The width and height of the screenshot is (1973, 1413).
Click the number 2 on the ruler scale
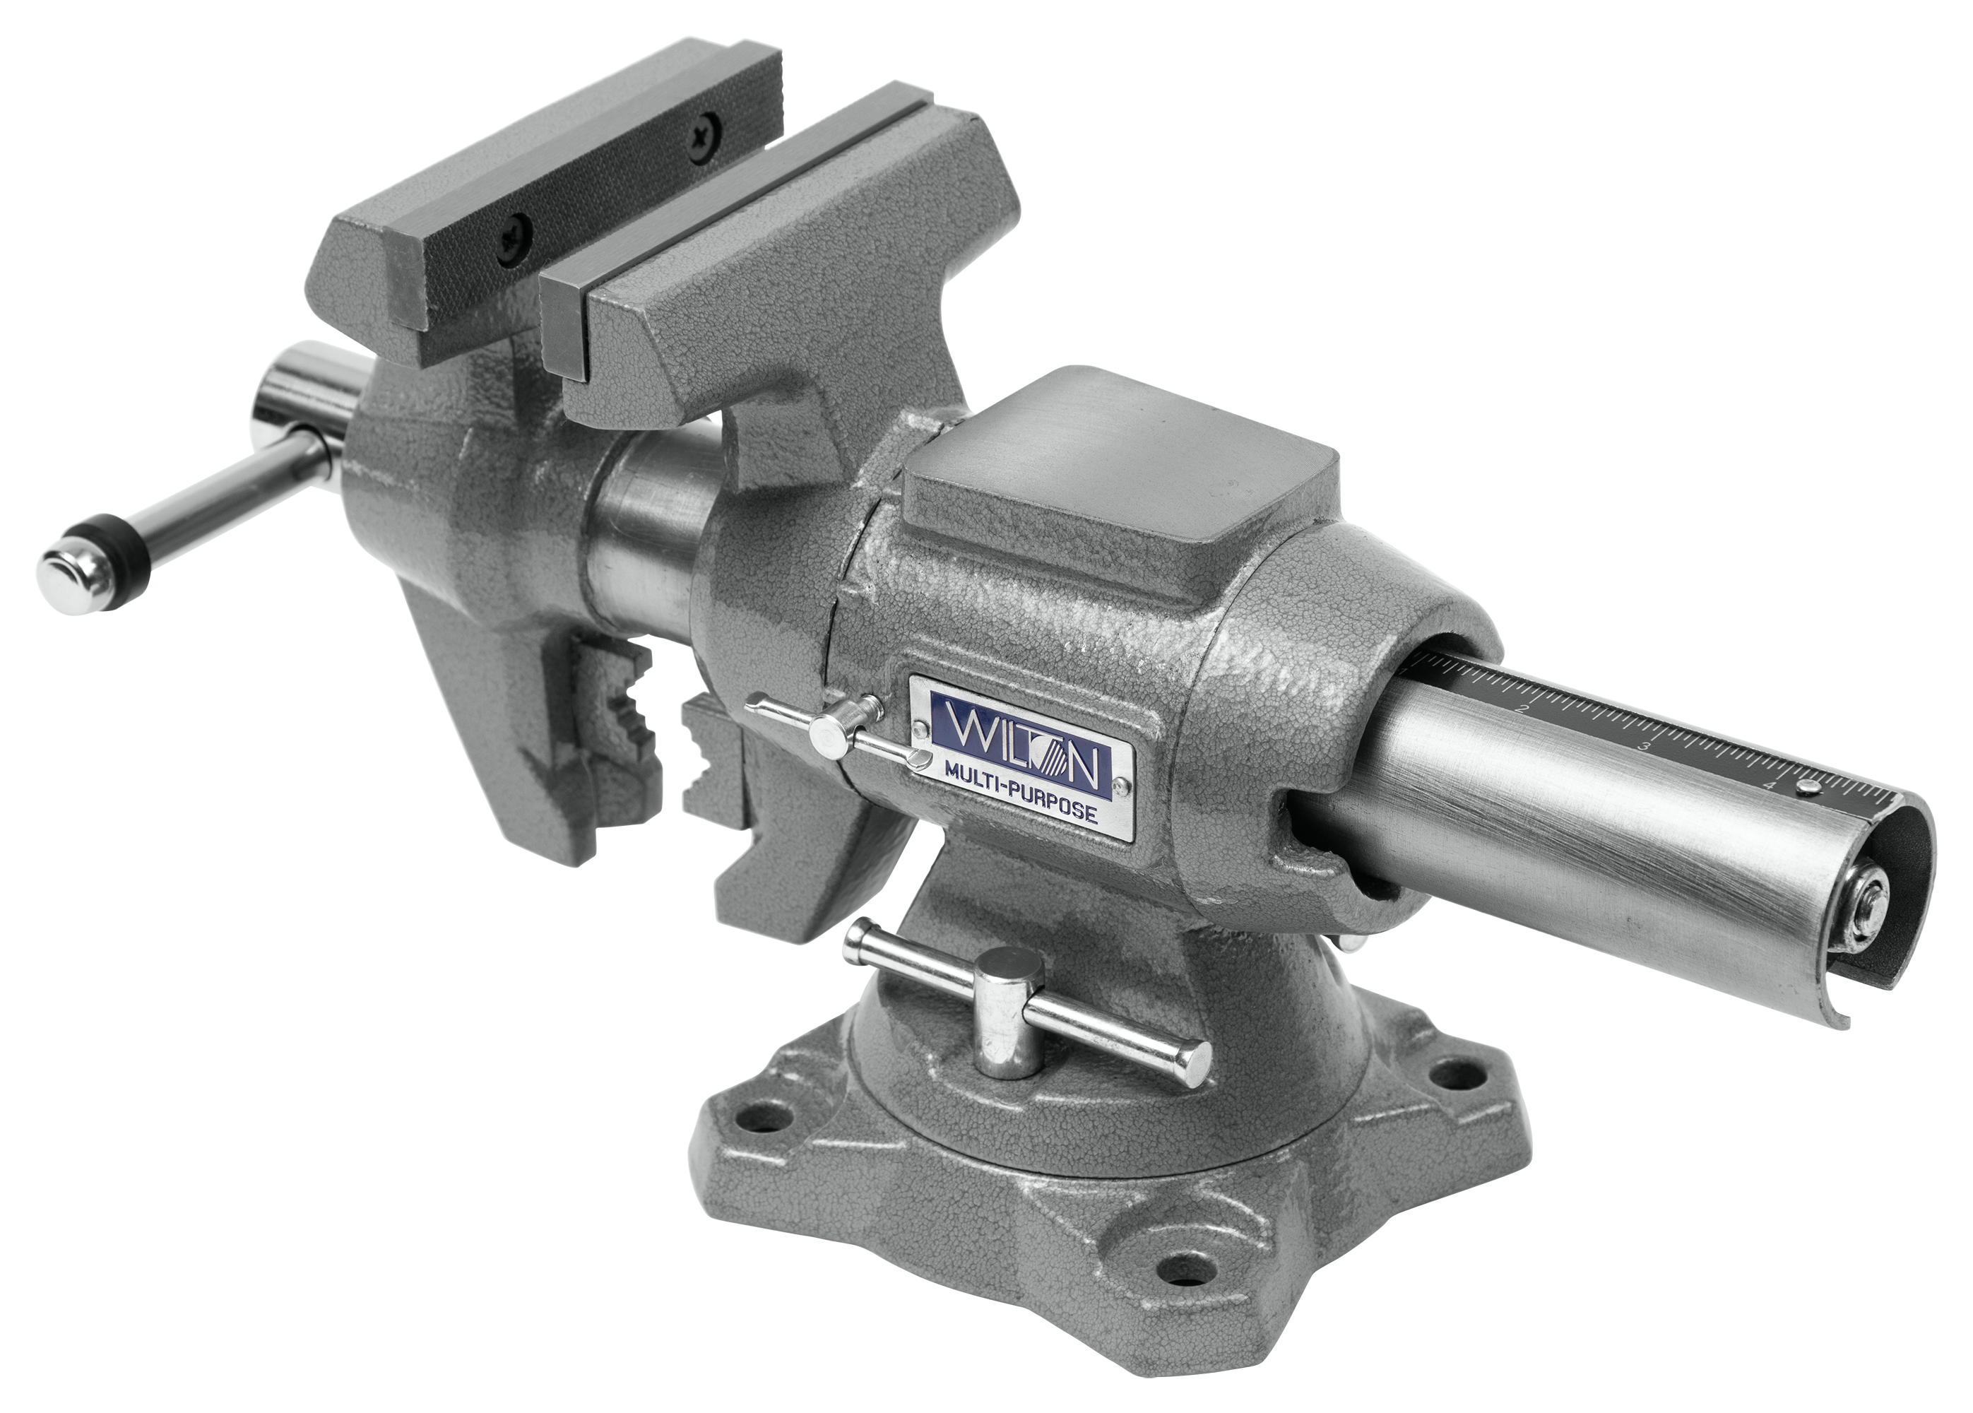[x=1522, y=708]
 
